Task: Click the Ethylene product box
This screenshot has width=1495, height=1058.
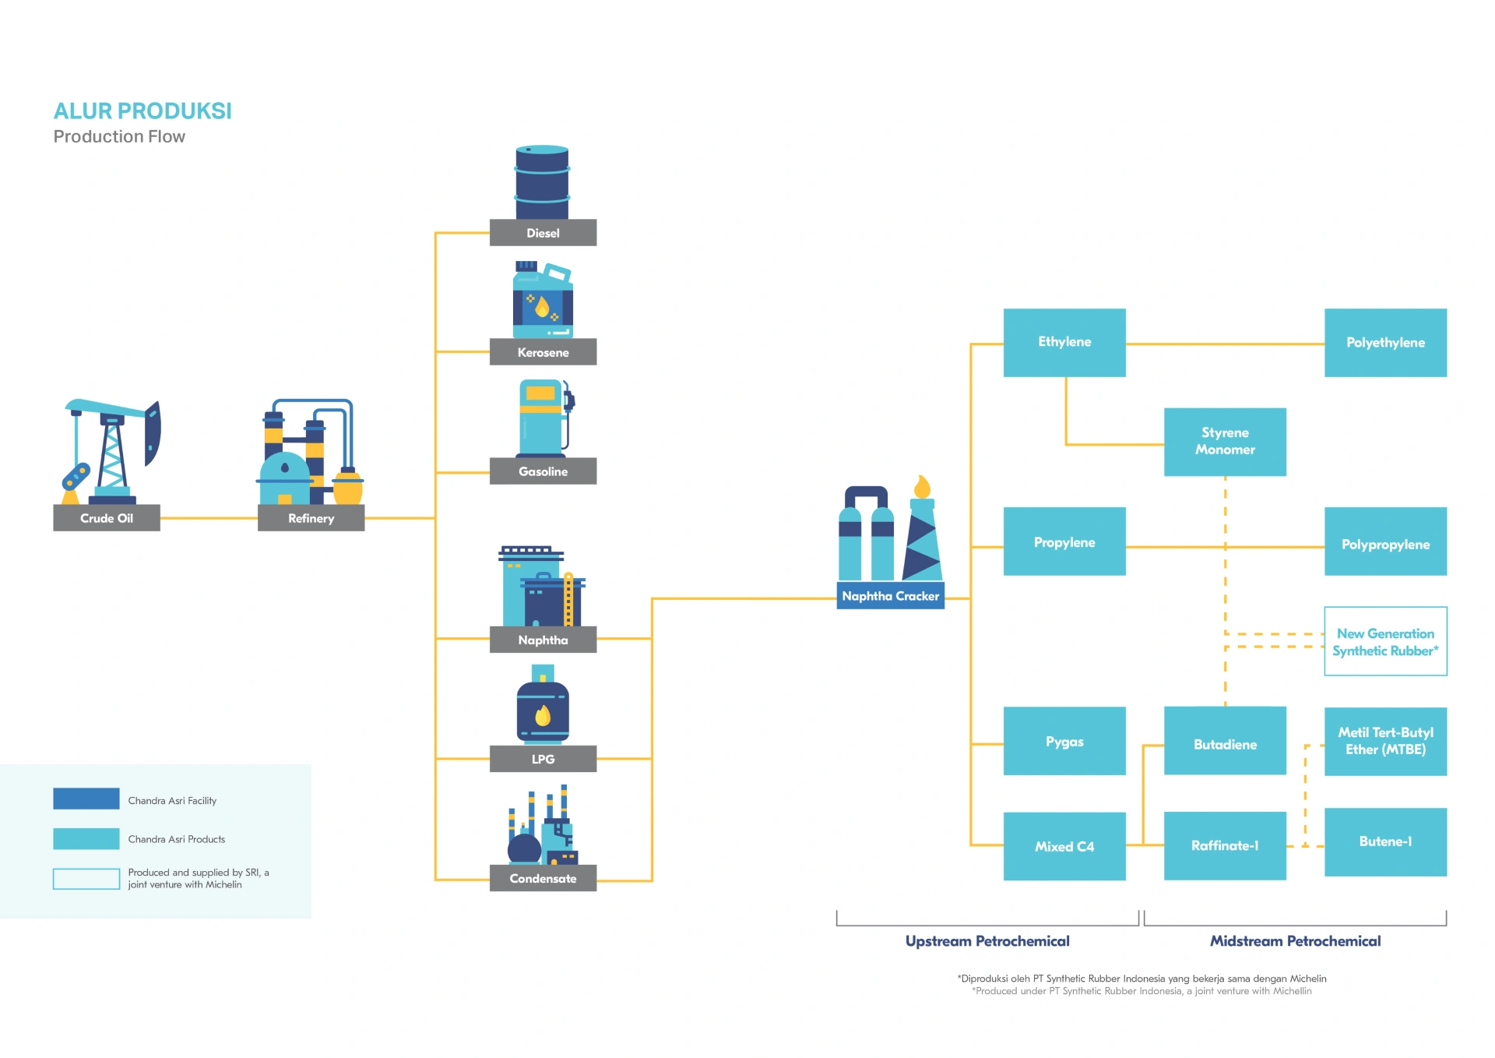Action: (x=1064, y=343)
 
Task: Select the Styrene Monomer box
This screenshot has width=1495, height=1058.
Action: (x=1224, y=442)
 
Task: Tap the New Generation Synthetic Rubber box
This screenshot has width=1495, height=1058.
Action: (x=1384, y=641)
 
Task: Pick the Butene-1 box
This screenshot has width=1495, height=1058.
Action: (x=1384, y=841)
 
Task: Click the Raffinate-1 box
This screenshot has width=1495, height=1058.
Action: (x=1224, y=845)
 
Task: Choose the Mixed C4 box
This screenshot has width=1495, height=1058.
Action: (x=1064, y=846)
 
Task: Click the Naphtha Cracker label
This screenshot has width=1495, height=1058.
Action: (x=890, y=596)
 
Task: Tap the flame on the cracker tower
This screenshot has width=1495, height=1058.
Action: (x=922, y=487)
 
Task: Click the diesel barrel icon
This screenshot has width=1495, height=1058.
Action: (x=542, y=182)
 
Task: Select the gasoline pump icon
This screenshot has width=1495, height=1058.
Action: (x=543, y=418)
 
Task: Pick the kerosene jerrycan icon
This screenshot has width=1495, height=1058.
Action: (x=543, y=301)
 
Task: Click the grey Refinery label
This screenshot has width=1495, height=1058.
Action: (x=311, y=518)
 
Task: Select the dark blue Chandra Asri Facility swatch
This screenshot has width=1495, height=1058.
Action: (x=86, y=799)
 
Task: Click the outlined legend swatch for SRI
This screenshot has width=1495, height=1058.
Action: (x=86, y=878)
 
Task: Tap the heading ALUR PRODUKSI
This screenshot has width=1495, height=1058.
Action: (x=142, y=111)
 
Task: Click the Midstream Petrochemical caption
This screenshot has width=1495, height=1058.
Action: (x=1294, y=941)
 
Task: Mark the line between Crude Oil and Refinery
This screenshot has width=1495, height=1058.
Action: (x=209, y=518)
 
